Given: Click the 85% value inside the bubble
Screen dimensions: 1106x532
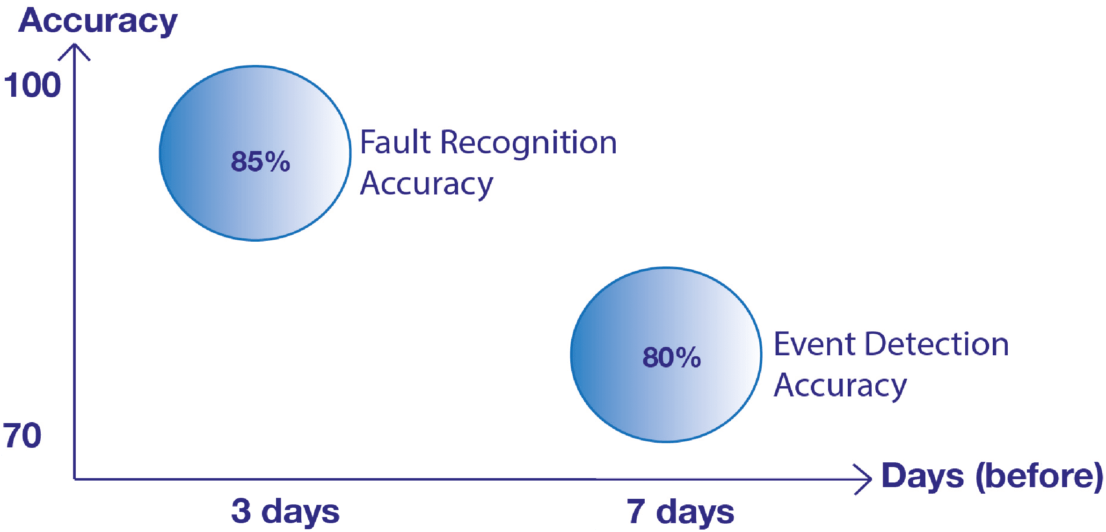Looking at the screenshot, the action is [x=261, y=161].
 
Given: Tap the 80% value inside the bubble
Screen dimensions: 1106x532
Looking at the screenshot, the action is [x=672, y=357].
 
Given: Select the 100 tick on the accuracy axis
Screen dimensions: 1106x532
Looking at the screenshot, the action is [x=32, y=85].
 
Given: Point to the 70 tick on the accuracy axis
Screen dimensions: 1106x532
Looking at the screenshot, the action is [x=22, y=435].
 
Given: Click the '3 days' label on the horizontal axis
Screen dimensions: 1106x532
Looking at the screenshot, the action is [x=285, y=511].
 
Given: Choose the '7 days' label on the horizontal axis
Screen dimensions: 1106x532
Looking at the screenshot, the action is [x=681, y=511].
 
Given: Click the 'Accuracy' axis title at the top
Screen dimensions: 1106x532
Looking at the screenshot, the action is [x=98, y=22].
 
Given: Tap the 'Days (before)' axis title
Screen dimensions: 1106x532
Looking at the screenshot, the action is [x=992, y=476].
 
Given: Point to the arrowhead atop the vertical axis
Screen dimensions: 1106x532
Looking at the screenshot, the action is [x=74, y=45].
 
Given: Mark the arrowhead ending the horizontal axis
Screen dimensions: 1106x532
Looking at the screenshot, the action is [x=870, y=479].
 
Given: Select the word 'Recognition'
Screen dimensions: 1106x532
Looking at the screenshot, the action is [x=529, y=144].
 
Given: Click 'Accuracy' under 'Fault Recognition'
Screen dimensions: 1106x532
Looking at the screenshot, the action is [x=427, y=184].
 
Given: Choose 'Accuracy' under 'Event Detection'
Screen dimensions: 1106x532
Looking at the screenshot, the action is [x=840, y=386].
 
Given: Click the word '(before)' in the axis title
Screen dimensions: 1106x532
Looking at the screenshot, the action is [x=1040, y=476].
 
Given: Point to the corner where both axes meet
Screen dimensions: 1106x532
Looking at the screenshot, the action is [x=74, y=479].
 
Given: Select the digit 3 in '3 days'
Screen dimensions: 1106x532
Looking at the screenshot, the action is [x=241, y=511].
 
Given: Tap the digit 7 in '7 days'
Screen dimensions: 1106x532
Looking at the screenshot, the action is [x=636, y=511].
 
